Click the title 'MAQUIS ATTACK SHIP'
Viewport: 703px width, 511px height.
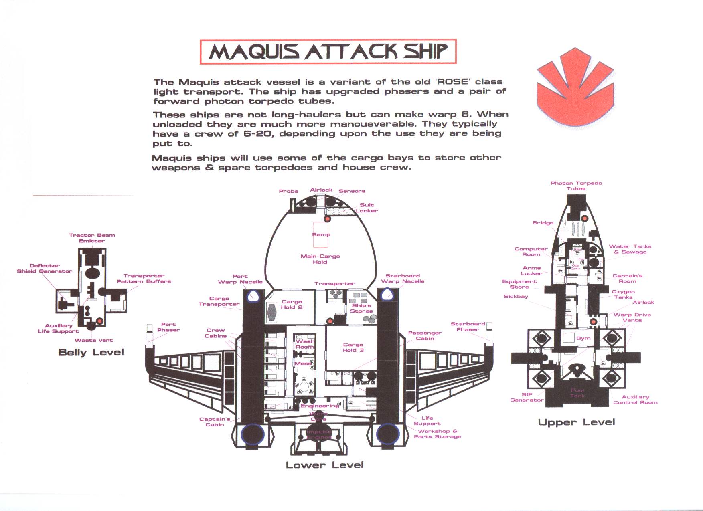point(328,52)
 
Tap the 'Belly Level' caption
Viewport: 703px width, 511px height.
point(91,352)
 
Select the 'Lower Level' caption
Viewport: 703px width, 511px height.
point(324,465)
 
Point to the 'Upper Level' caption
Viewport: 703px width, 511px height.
point(576,422)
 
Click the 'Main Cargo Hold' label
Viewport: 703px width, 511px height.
point(320,259)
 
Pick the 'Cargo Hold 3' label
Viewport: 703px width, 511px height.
point(353,347)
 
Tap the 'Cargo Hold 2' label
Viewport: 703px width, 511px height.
point(292,304)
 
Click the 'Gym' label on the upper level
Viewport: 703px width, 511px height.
point(583,338)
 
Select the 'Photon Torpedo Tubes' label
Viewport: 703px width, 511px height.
point(576,186)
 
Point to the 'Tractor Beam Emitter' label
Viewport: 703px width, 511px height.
point(92,238)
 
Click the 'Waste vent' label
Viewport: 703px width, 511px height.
point(94,340)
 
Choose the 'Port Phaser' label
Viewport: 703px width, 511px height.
point(168,327)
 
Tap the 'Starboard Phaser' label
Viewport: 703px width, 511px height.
point(468,327)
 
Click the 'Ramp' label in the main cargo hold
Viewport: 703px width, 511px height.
point(321,234)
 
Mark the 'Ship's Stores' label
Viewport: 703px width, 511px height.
point(361,308)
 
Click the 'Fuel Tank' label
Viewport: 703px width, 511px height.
point(577,393)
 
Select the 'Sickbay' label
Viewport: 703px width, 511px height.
point(516,297)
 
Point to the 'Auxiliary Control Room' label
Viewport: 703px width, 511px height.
point(635,400)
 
